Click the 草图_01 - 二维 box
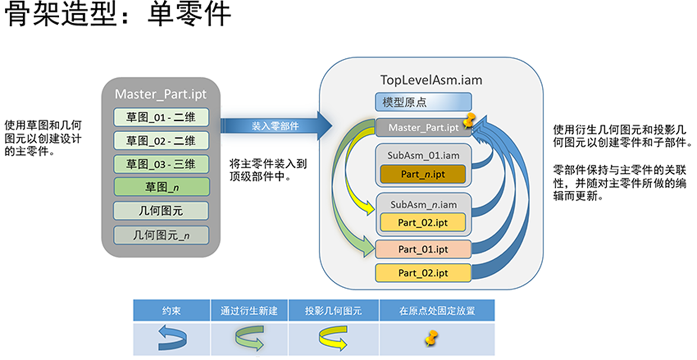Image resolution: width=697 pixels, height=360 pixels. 161,117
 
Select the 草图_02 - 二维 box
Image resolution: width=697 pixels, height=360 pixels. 161,141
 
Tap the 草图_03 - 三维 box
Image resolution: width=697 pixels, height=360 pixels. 161,164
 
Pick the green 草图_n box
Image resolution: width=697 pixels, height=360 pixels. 161,187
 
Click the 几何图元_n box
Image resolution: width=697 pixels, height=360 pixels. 161,235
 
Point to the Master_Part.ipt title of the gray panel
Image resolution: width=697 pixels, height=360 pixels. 161,94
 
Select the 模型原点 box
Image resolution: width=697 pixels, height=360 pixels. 423,102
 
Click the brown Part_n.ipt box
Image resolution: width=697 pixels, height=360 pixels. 423,174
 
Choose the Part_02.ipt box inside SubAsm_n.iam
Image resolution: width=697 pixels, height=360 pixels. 423,222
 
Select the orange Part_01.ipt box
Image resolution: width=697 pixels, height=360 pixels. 423,249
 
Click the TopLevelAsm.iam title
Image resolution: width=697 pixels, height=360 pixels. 430,80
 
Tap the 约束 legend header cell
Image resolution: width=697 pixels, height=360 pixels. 172,311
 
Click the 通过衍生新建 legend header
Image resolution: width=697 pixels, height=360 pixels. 249,311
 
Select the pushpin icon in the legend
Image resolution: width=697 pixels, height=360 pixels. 432,339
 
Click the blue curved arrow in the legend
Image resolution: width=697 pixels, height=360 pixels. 172,339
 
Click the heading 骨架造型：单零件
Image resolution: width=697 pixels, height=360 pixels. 118,14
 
